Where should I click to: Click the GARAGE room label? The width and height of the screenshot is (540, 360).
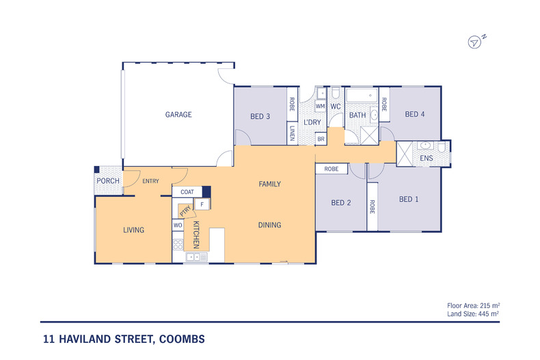[178, 115]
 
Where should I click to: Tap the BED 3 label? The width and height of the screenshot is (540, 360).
[260, 117]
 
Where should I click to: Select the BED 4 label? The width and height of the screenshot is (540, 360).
[415, 114]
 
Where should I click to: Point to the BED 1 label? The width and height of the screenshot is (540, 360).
[408, 199]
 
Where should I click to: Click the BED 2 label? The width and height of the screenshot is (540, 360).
[340, 202]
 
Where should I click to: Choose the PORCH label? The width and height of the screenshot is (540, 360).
[108, 181]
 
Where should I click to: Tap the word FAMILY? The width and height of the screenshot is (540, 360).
[269, 184]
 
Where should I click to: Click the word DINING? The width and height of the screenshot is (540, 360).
[269, 225]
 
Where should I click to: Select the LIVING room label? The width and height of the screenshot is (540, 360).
[134, 230]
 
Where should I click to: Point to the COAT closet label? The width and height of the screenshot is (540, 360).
[187, 193]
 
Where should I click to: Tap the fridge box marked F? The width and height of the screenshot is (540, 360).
[202, 204]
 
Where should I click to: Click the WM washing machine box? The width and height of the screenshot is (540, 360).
[320, 107]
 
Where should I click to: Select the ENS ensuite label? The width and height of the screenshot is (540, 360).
[427, 159]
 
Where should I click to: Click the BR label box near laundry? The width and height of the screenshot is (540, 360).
[321, 139]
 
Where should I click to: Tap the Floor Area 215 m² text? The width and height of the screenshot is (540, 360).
[474, 305]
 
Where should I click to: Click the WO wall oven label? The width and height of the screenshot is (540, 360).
[177, 225]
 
